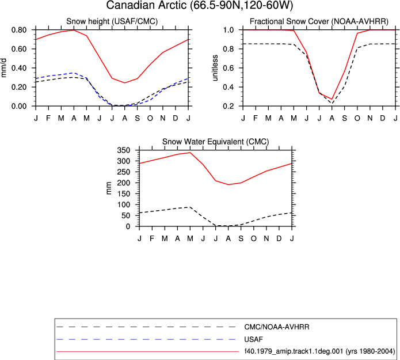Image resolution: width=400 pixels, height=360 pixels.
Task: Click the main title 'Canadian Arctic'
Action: pos(146,5)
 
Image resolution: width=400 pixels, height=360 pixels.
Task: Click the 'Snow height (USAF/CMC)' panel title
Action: pos(112,21)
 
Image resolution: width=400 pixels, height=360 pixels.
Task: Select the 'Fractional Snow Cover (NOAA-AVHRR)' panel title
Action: pos(319,21)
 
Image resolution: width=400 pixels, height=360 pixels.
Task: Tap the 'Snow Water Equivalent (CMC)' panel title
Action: pos(216,142)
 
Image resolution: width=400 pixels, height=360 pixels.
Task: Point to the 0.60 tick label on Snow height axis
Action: pos(19,49)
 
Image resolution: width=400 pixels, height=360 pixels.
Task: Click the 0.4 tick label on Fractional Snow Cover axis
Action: pos(228,87)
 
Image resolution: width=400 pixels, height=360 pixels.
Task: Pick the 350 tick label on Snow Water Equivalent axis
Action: pos(124,150)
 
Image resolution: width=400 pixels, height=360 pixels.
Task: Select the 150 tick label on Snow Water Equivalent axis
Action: pos(124,194)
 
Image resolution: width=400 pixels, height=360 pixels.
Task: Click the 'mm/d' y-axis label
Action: pos(3,67)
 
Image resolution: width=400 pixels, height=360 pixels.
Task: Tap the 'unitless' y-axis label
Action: pos(215,67)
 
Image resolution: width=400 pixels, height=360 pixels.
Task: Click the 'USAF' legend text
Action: pos(253,339)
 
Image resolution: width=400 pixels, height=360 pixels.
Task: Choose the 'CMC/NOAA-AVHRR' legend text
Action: pos(277,327)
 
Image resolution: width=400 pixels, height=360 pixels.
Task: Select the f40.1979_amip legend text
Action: pos(319,351)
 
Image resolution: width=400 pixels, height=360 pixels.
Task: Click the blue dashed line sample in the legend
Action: pos(146,339)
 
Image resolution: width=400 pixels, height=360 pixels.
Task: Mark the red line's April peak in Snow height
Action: pos(74,30)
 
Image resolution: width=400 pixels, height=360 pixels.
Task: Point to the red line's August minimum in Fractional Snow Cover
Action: pos(332,99)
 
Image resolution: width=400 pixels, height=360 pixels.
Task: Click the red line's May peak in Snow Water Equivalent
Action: pos(190,153)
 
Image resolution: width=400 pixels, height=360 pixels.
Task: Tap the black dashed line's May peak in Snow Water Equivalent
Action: pos(190,207)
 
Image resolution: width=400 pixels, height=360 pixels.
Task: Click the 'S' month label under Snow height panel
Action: pos(137,118)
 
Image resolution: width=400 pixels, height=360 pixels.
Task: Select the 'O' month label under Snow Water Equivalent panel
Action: pos(254,238)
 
